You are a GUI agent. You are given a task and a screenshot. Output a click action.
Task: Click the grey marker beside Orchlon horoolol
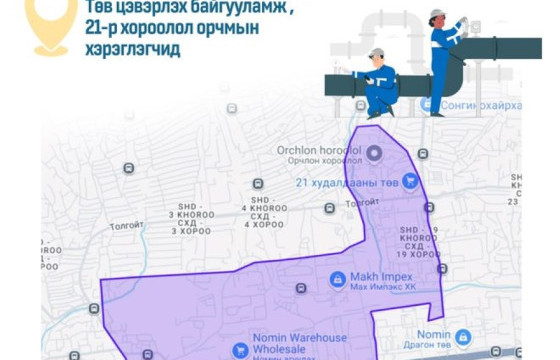tap(374, 153)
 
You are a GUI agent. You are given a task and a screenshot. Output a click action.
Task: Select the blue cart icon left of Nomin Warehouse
tap(240, 350)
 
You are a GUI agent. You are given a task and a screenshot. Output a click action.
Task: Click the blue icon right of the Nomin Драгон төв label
tap(463, 338)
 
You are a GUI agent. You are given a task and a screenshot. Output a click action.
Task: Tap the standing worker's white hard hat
tap(438, 14)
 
